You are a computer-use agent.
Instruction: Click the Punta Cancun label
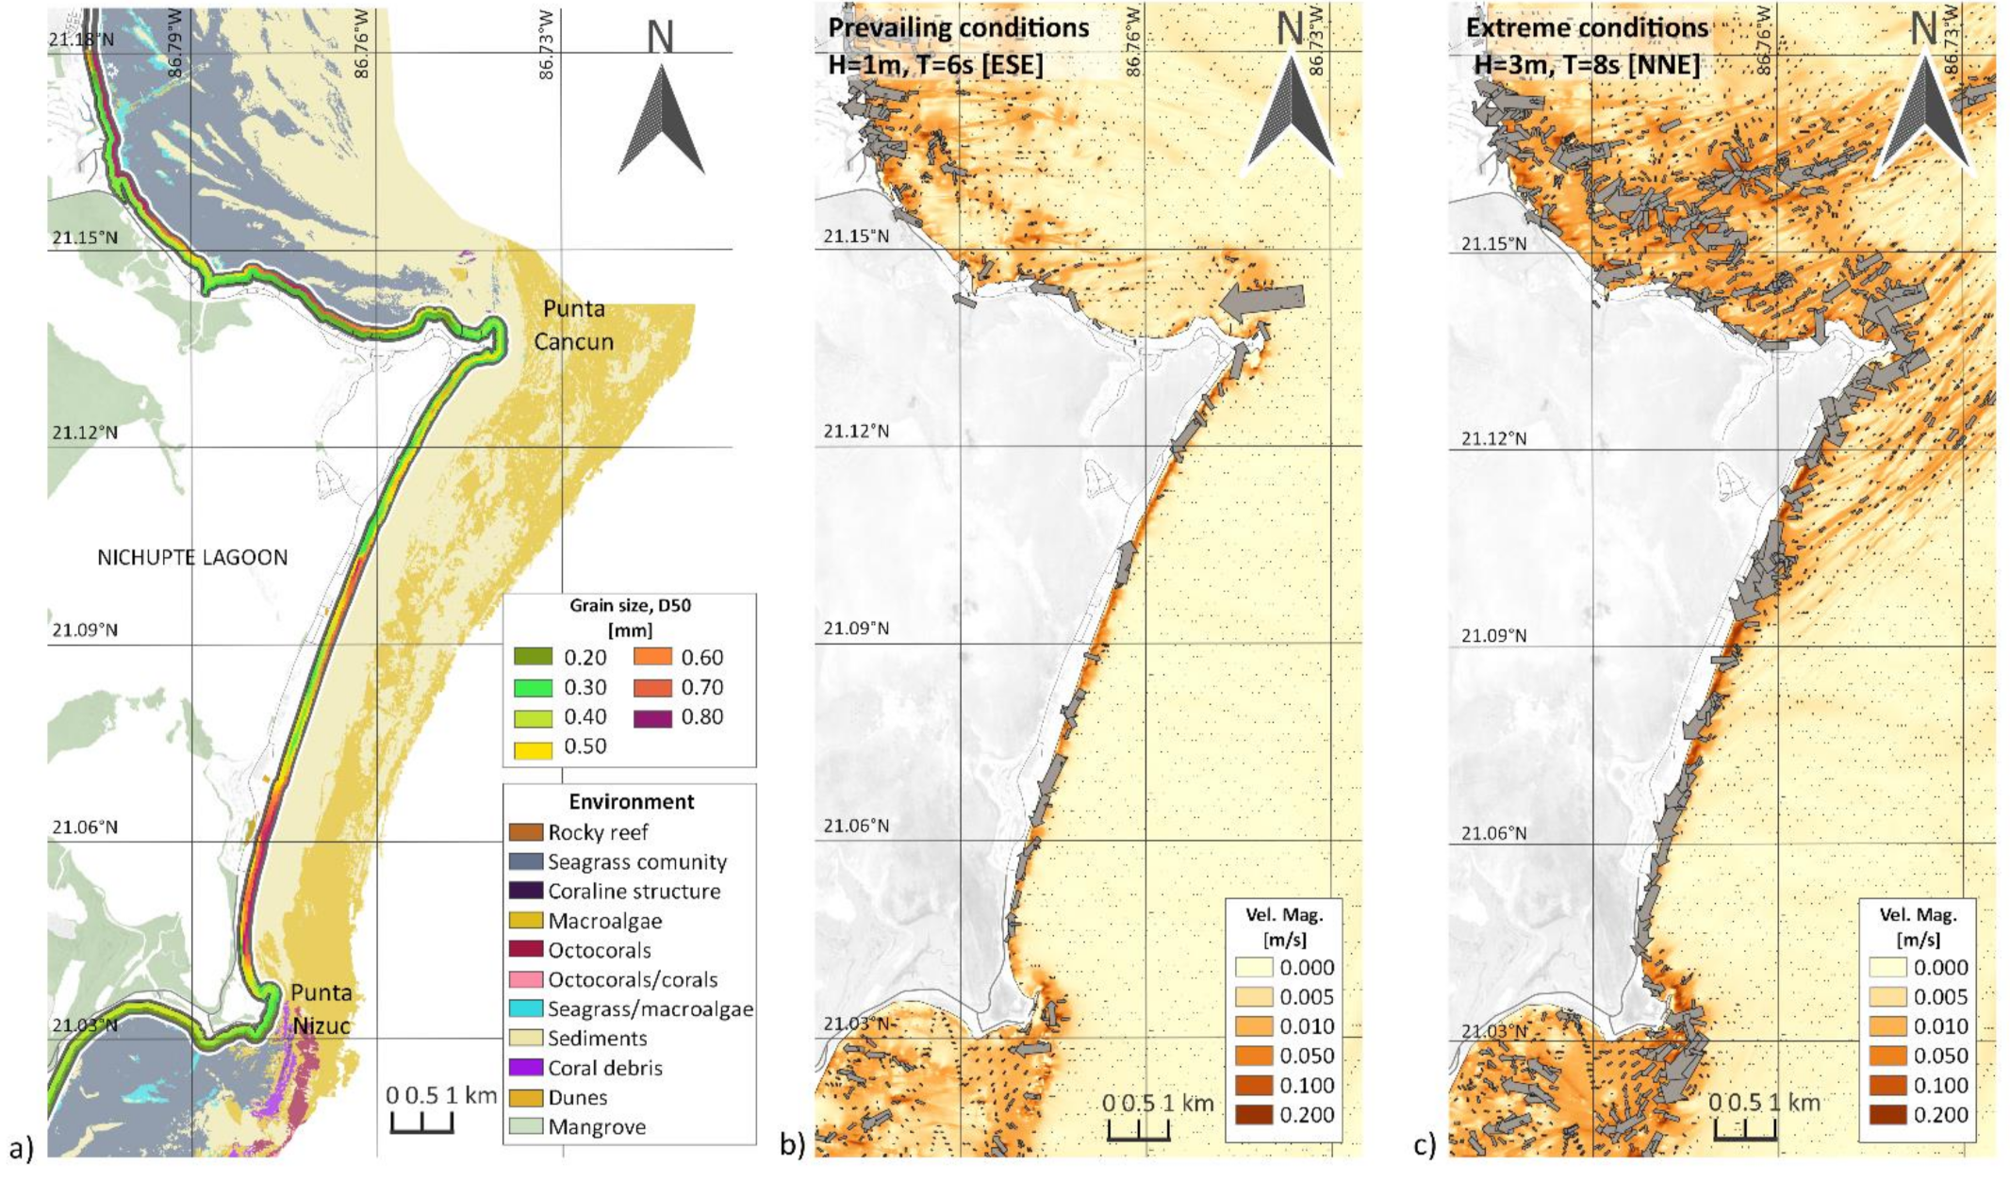pos(573,325)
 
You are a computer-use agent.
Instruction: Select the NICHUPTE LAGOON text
pos(192,558)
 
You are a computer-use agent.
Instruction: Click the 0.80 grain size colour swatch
pos(652,718)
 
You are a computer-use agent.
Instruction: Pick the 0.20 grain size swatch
pos(533,658)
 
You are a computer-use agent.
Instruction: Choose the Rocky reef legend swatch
pos(526,832)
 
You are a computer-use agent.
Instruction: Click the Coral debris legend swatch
pos(526,1068)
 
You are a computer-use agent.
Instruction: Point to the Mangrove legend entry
pos(597,1127)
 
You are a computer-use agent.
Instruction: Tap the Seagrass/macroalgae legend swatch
pos(526,1009)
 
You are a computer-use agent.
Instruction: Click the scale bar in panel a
pos(421,1123)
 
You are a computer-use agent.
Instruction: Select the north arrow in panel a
pos(662,118)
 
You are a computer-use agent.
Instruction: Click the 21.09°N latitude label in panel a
pos(85,630)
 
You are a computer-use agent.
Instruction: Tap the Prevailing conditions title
pos(959,28)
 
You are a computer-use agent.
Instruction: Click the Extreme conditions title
pos(1587,28)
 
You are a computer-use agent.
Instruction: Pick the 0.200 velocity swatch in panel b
pos(1253,1115)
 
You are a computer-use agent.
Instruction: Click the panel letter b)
pos(792,1145)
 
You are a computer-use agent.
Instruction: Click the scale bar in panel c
pos(1745,1130)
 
